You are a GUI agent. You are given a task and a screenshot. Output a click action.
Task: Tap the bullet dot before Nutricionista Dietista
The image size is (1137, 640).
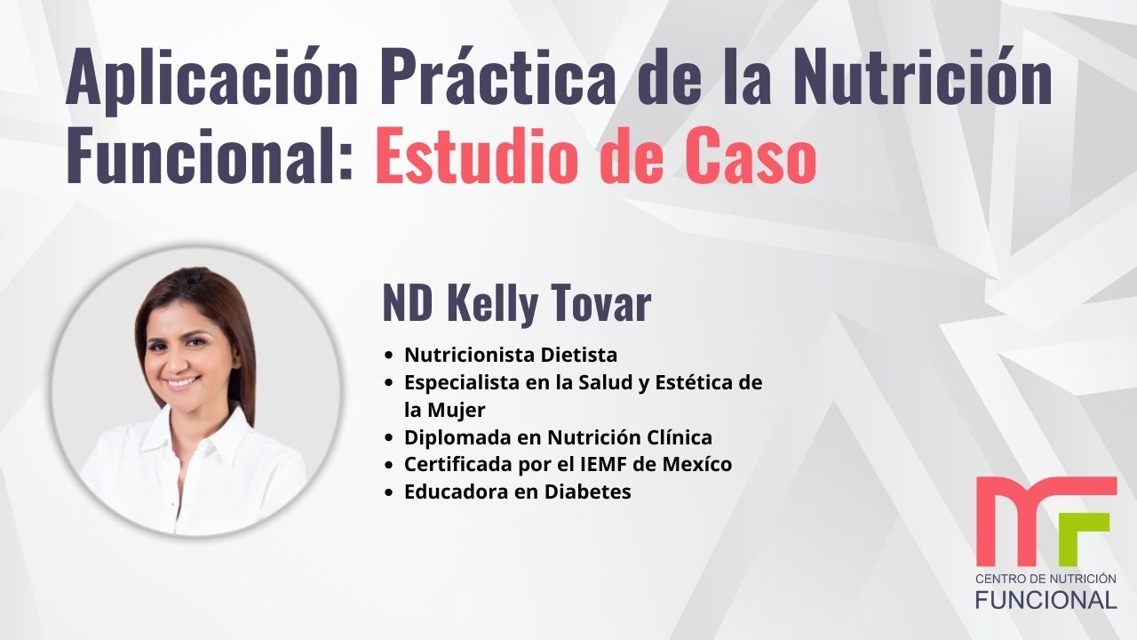click(389, 356)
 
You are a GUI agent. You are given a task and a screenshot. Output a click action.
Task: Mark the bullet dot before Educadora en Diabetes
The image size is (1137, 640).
click(389, 492)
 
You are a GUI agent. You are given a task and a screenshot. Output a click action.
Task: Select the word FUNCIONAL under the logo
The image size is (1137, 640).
click(1046, 600)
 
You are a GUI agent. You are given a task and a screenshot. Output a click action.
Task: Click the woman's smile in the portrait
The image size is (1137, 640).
click(181, 382)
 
